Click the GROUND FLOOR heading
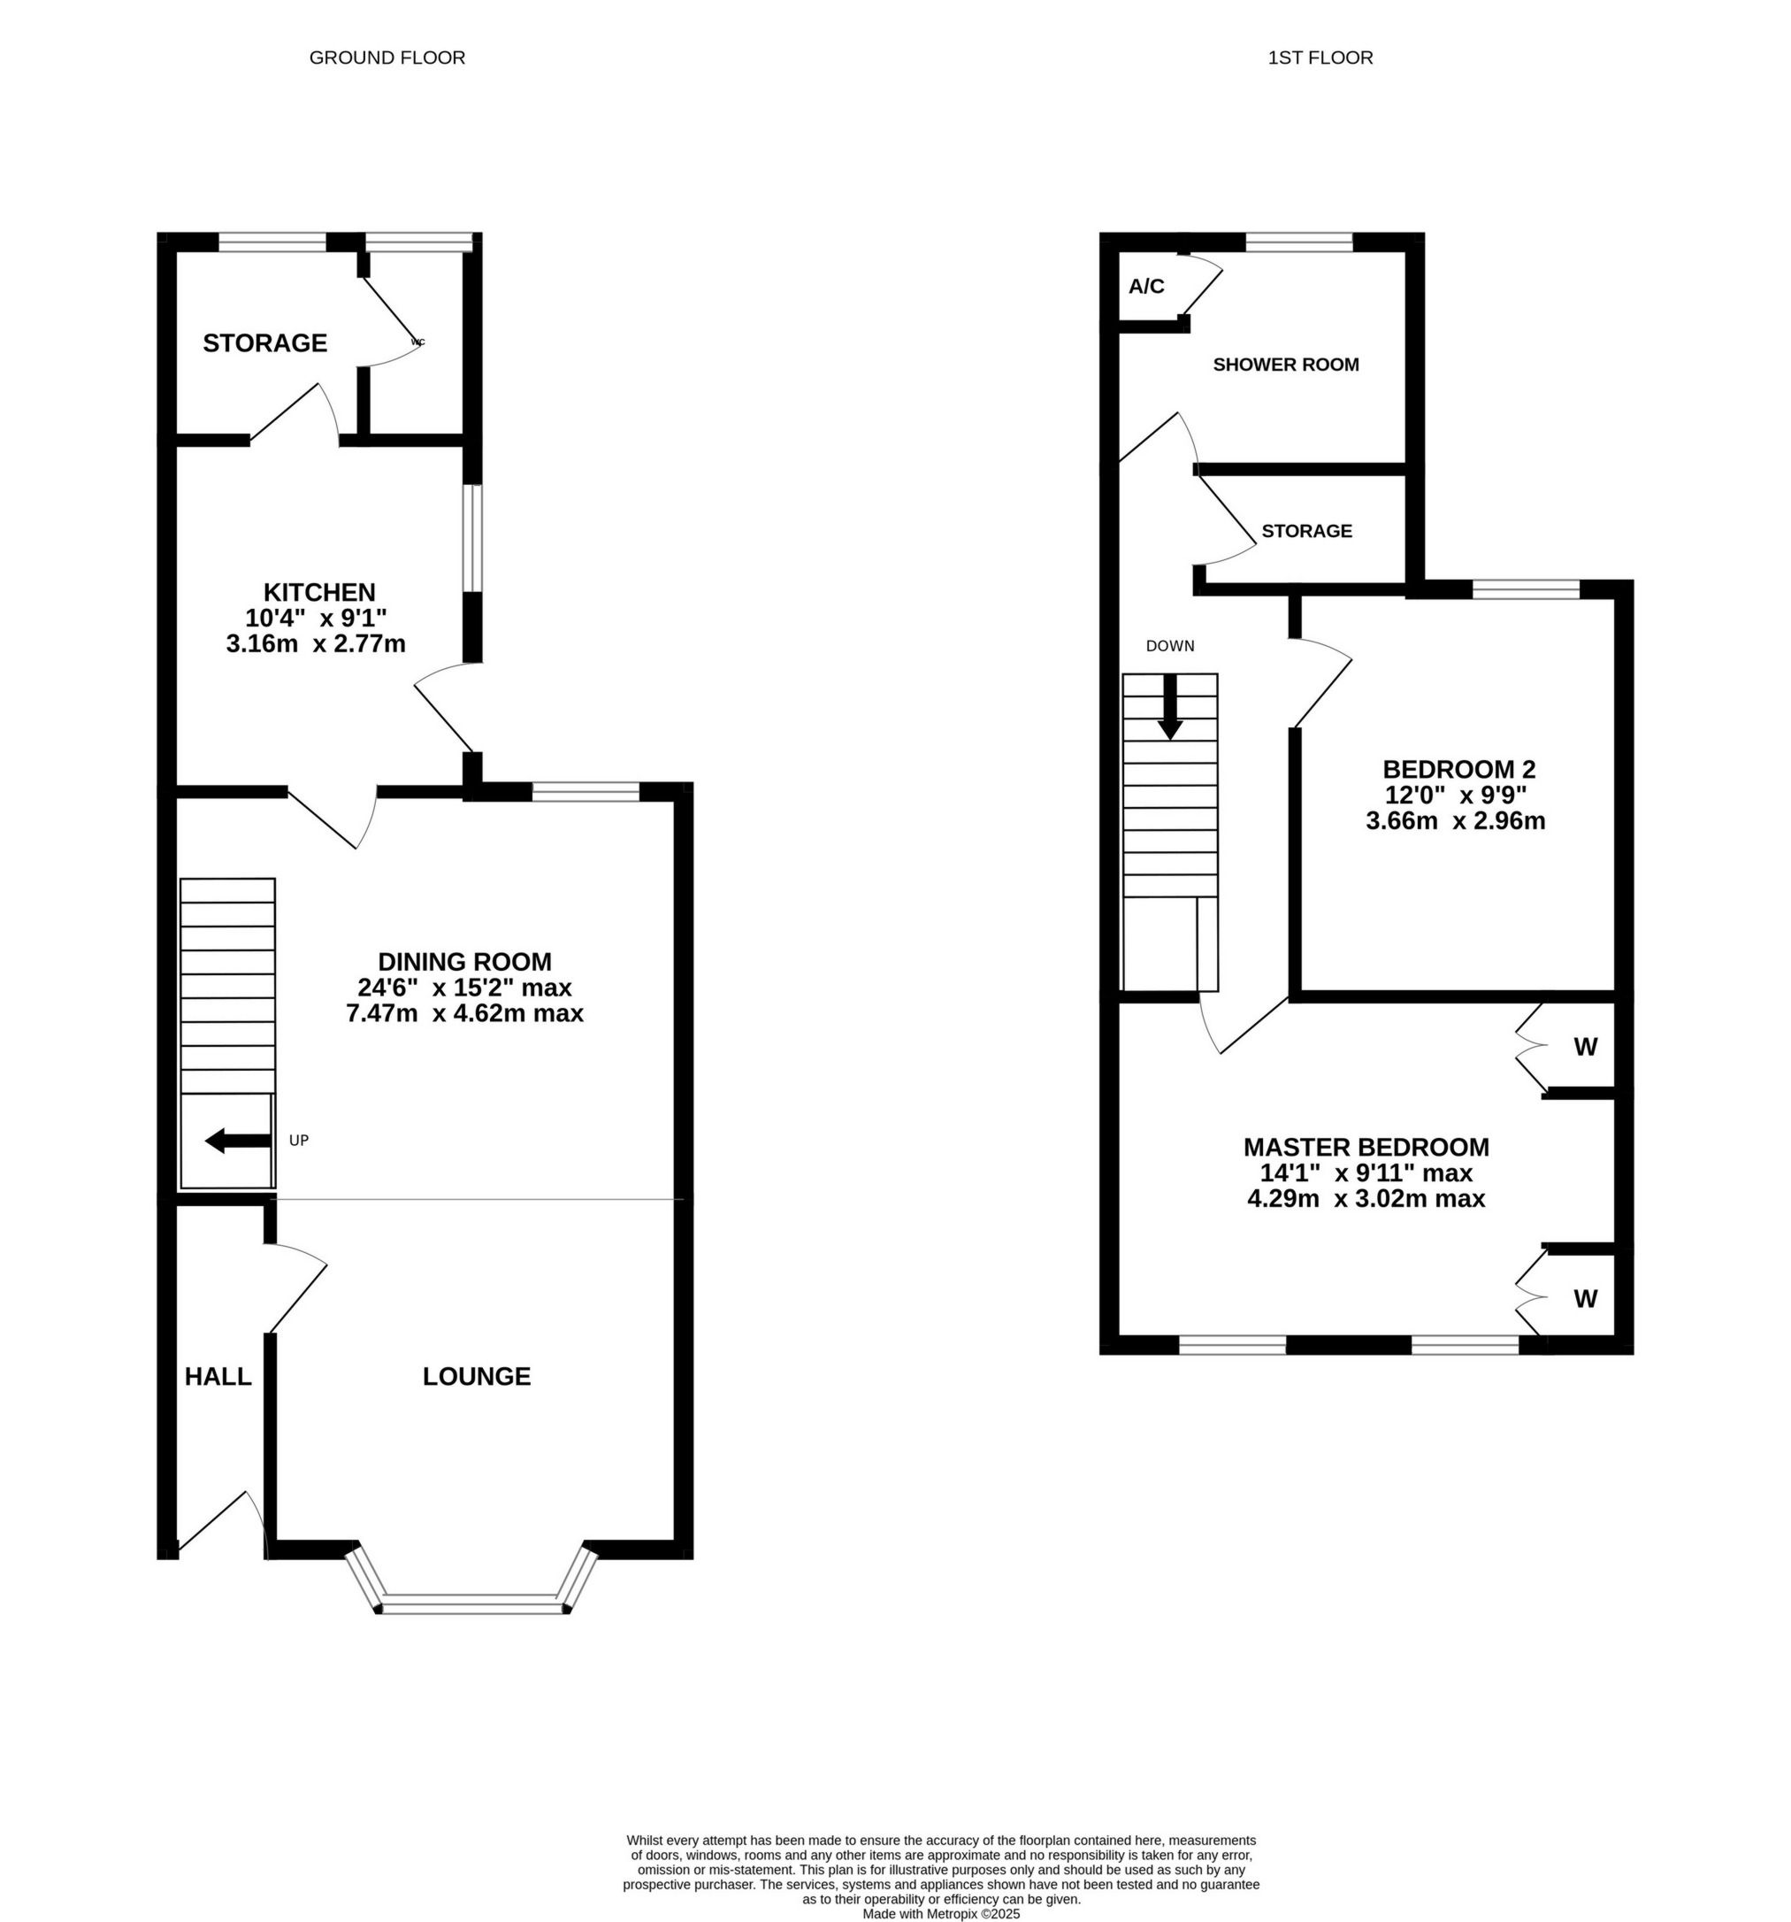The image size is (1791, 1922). (x=387, y=58)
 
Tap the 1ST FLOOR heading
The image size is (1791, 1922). (x=1320, y=58)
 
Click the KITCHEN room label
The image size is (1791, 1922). (x=319, y=592)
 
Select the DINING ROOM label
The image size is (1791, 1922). (x=464, y=962)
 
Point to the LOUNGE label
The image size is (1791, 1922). (x=477, y=1377)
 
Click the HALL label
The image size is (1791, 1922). (x=218, y=1377)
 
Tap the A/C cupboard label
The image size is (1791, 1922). (x=1146, y=287)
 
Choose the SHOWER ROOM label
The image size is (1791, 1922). (x=1285, y=365)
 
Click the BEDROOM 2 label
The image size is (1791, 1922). (x=1458, y=770)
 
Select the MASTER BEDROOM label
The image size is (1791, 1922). (x=1366, y=1148)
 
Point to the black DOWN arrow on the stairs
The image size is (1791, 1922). (x=1169, y=706)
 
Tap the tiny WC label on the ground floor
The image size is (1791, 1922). (x=417, y=342)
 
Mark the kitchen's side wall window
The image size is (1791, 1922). (x=471, y=537)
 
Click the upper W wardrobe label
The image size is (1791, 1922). (x=1585, y=1047)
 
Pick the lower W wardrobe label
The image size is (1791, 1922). (x=1585, y=1299)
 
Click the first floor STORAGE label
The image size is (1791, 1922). (x=1306, y=531)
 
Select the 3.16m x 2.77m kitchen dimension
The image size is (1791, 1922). (x=316, y=644)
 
